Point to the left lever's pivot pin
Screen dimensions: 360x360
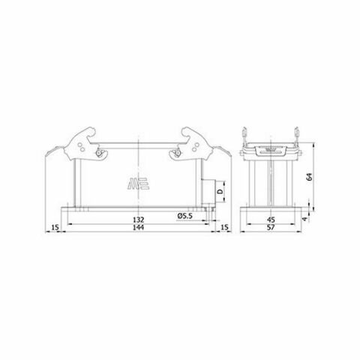point(98,154)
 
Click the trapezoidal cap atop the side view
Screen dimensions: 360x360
point(272,148)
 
